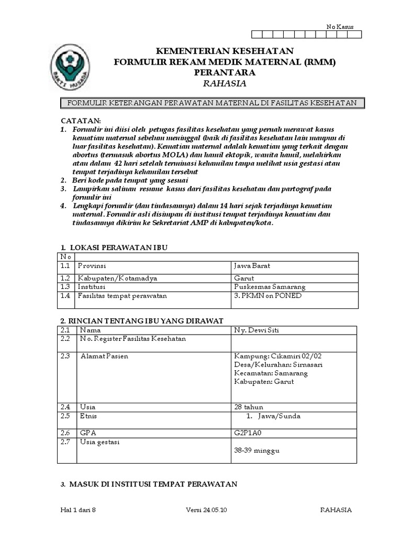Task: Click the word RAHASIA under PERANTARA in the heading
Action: tap(225, 83)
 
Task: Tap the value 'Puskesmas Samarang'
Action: tap(269, 287)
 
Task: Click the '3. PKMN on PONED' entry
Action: tap(267, 296)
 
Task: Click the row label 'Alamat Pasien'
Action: tap(104, 356)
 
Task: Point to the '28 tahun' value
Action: tap(249, 407)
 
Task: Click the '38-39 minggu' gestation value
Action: tap(255, 450)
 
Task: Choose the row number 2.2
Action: tap(65, 339)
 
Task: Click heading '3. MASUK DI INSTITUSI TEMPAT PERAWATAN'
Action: tap(149, 484)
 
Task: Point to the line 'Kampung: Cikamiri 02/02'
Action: tap(277, 356)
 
